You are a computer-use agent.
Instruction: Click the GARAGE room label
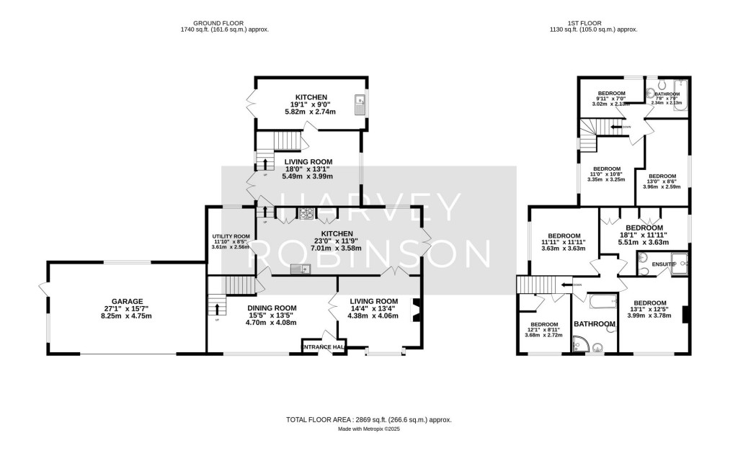pyautogui.click(x=127, y=302)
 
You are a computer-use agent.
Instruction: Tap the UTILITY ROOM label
pyautogui.click(x=231, y=236)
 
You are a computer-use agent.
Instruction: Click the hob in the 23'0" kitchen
pyautogui.click(x=306, y=213)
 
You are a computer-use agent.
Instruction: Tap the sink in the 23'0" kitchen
pyautogui.click(x=300, y=269)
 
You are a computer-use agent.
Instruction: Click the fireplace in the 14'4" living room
pyautogui.click(x=414, y=310)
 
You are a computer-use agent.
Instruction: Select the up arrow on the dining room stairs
pyautogui.click(x=217, y=310)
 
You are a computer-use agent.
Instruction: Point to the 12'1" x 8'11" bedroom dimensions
pyautogui.click(x=545, y=335)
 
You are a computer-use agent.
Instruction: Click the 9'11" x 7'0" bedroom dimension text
pyautogui.click(x=610, y=104)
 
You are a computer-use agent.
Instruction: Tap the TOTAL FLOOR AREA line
pyautogui.click(x=369, y=419)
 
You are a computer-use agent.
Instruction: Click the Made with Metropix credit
pyautogui.click(x=369, y=429)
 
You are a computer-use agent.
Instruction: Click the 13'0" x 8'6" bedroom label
pyautogui.click(x=662, y=176)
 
